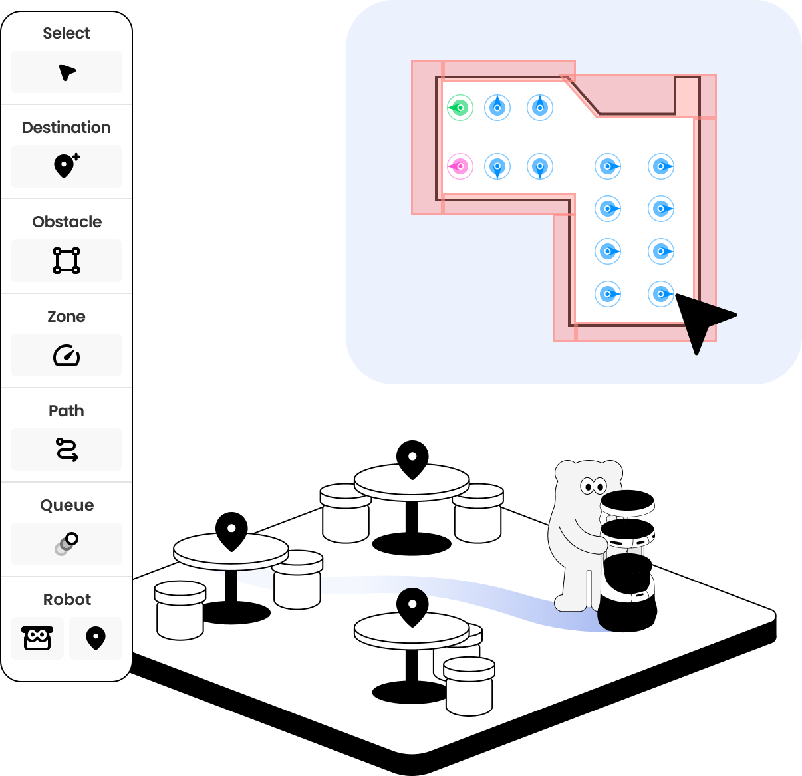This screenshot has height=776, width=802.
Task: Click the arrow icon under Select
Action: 67,72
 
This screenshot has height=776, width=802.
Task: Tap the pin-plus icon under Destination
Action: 67,166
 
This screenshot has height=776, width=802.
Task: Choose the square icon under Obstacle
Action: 67,261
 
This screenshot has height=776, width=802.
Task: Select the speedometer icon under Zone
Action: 67,355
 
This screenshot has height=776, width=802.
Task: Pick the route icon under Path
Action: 67,450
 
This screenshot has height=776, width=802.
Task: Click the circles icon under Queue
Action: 67,544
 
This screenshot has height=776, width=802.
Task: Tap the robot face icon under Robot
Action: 37,638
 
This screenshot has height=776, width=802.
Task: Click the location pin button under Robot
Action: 96,638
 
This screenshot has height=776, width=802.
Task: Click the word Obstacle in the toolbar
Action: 67,222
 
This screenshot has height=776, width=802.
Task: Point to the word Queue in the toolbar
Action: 67,505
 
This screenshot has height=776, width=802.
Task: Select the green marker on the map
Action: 460,108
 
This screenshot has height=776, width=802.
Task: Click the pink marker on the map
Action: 460,166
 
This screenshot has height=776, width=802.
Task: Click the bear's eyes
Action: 593,486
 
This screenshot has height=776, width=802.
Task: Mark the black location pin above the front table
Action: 412,605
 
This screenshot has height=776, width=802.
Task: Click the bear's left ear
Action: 566,470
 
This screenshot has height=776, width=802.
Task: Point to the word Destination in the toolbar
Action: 67,128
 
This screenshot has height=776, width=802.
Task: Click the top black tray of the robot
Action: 627,503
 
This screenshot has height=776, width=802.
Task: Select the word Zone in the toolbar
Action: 67,317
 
